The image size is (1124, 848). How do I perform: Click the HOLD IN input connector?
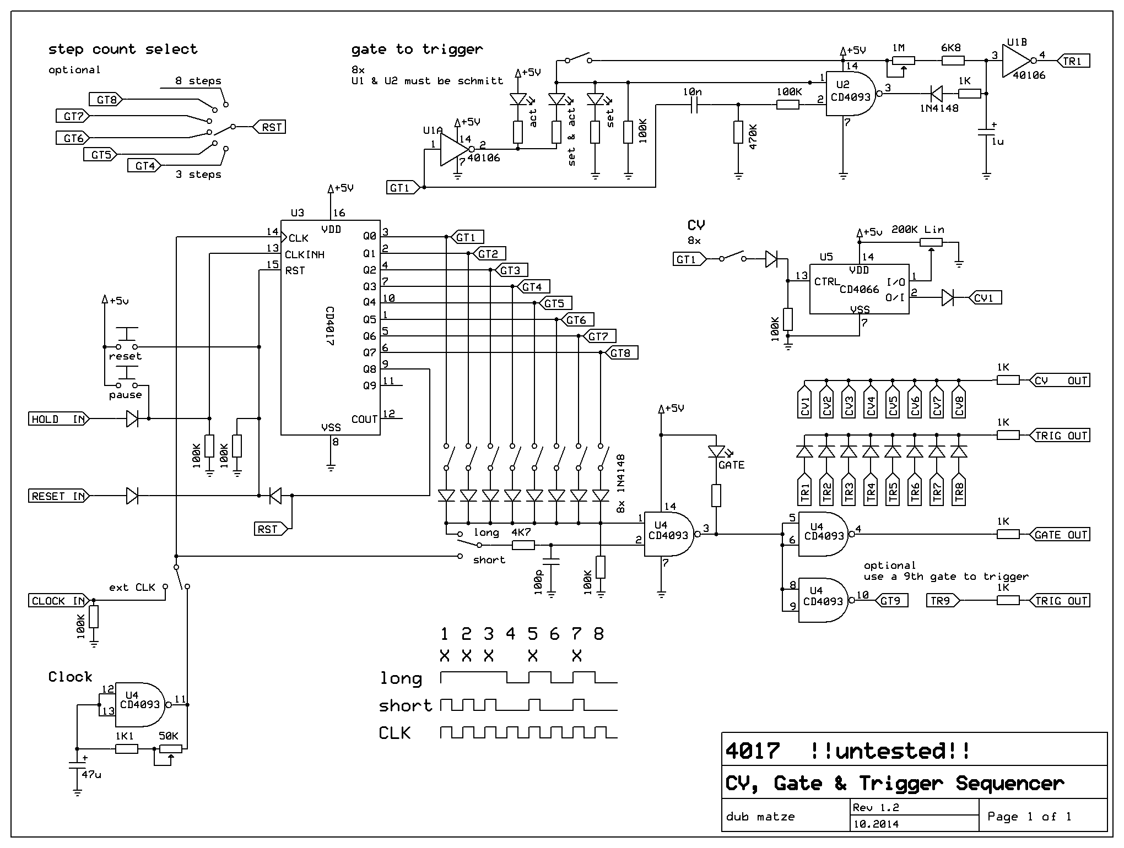(58, 419)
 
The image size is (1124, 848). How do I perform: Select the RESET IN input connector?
(58, 496)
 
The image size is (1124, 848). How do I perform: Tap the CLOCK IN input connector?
(58, 601)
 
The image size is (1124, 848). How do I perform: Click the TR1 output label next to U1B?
(1071, 61)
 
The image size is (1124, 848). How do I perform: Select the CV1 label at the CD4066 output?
(985, 298)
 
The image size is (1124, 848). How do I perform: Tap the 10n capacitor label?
(692, 92)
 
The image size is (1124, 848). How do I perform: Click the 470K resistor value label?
(754, 137)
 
